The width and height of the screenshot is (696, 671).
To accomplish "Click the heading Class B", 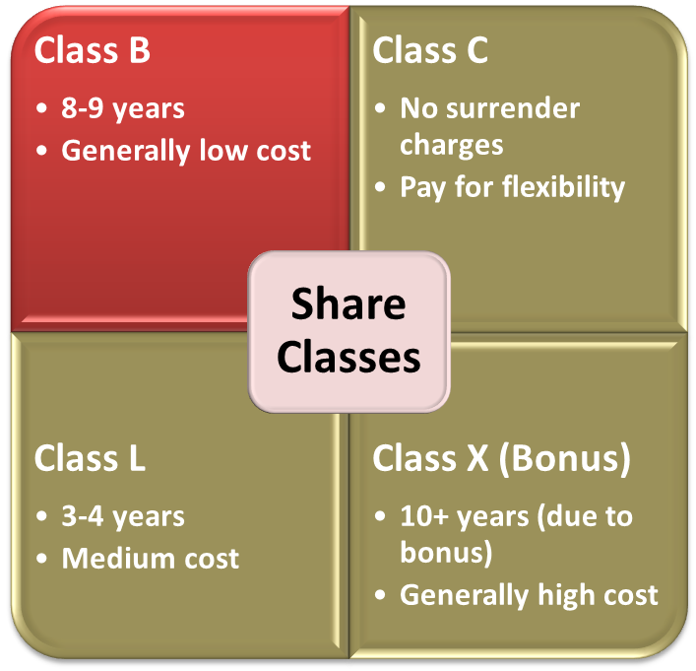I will pyautogui.click(x=93, y=50).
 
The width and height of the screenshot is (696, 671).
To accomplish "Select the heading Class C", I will pyautogui.click(x=430, y=50).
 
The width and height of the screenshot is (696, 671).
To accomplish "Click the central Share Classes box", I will pyautogui.click(x=348, y=330).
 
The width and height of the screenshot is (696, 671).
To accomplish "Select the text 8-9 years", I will pyautogui.click(x=123, y=108).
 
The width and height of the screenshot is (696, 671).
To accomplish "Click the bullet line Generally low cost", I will pyautogui.click(x=186, y=151).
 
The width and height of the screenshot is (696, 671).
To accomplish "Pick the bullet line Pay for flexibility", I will pyautogui.click(x=512, y=187).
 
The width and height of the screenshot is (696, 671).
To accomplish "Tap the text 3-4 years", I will pyautogui.click(x=123, y=515).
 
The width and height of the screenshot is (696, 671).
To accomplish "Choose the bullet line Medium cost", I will pyautogui.click(x=151, y=559).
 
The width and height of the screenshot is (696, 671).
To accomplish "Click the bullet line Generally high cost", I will pyautogui.click(x=529, y=595).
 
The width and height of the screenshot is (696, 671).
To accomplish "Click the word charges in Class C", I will pyautogui.click(x=452, y=145).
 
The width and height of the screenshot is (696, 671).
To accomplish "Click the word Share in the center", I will pyautogui.click(x=348, y=303).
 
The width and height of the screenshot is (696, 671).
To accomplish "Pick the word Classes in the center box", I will pyautogui.click(x=348, y=357).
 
